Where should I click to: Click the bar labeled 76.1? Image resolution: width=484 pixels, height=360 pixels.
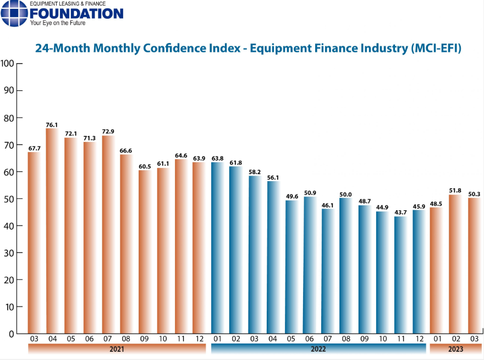tap(52, 231)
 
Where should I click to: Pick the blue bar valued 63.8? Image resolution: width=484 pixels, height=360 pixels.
tap(218, 248)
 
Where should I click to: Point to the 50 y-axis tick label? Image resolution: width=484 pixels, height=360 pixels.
tap(9, 199)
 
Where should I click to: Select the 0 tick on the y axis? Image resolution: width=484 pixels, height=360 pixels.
tap(12, 334)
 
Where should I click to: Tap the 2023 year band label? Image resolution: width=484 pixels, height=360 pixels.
tap(455, 349)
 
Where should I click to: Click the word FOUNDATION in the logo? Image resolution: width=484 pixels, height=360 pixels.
tap(76, 13)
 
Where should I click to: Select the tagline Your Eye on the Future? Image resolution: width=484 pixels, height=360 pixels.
tap(57, 24)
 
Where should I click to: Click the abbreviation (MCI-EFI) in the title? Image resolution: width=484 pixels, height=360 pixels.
tap(436, 48)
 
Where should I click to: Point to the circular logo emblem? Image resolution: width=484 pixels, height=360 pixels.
tap(14, 13)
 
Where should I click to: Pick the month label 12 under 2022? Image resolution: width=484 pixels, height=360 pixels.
tap(420, 337)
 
